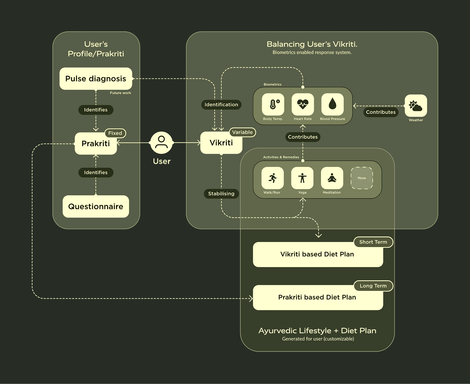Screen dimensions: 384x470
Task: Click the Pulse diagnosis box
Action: coord(96,79)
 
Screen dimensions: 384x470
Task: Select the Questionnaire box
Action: coord(96,206)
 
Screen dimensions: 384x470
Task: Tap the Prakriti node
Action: coord(96,144)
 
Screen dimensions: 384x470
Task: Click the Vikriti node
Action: coord(221,143)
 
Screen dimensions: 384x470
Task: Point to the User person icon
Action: coord(161,143)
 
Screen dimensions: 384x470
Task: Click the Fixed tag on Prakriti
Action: coord(115,133)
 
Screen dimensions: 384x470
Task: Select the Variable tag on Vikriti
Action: coord(242,132)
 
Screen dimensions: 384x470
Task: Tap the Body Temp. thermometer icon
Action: coord(273,104)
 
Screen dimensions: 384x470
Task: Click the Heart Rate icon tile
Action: coord(303,104)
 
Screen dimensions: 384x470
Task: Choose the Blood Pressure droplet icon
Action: coord(332,104)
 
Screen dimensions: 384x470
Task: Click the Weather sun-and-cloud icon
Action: coord(416,106)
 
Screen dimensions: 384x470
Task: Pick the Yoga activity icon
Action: coord(302,178)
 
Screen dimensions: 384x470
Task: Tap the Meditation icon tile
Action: coord(332,178)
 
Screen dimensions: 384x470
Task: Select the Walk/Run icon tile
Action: coord(272,178)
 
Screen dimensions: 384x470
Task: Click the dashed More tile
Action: coord(362,178)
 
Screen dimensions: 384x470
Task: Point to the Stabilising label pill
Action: coord(221,194)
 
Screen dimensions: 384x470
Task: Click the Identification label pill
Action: coord(221,105)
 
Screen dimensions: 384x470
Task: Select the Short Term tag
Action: coord(373,242)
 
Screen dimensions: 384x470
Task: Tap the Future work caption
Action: coord(120,93)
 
